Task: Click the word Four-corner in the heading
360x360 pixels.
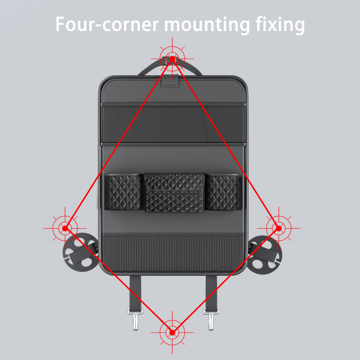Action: coord(106,24)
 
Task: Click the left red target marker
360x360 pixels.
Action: coord(65,228)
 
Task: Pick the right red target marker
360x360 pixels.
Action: coord(279,228)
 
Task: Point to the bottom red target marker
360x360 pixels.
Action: coord(172,332)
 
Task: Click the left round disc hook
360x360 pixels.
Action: coord(80,253)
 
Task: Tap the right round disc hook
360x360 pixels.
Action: coord(265,253)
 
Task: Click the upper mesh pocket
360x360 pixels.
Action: coord(172,123)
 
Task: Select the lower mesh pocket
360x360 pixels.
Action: coord(172,253)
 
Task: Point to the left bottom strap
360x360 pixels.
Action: coord(135,291)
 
